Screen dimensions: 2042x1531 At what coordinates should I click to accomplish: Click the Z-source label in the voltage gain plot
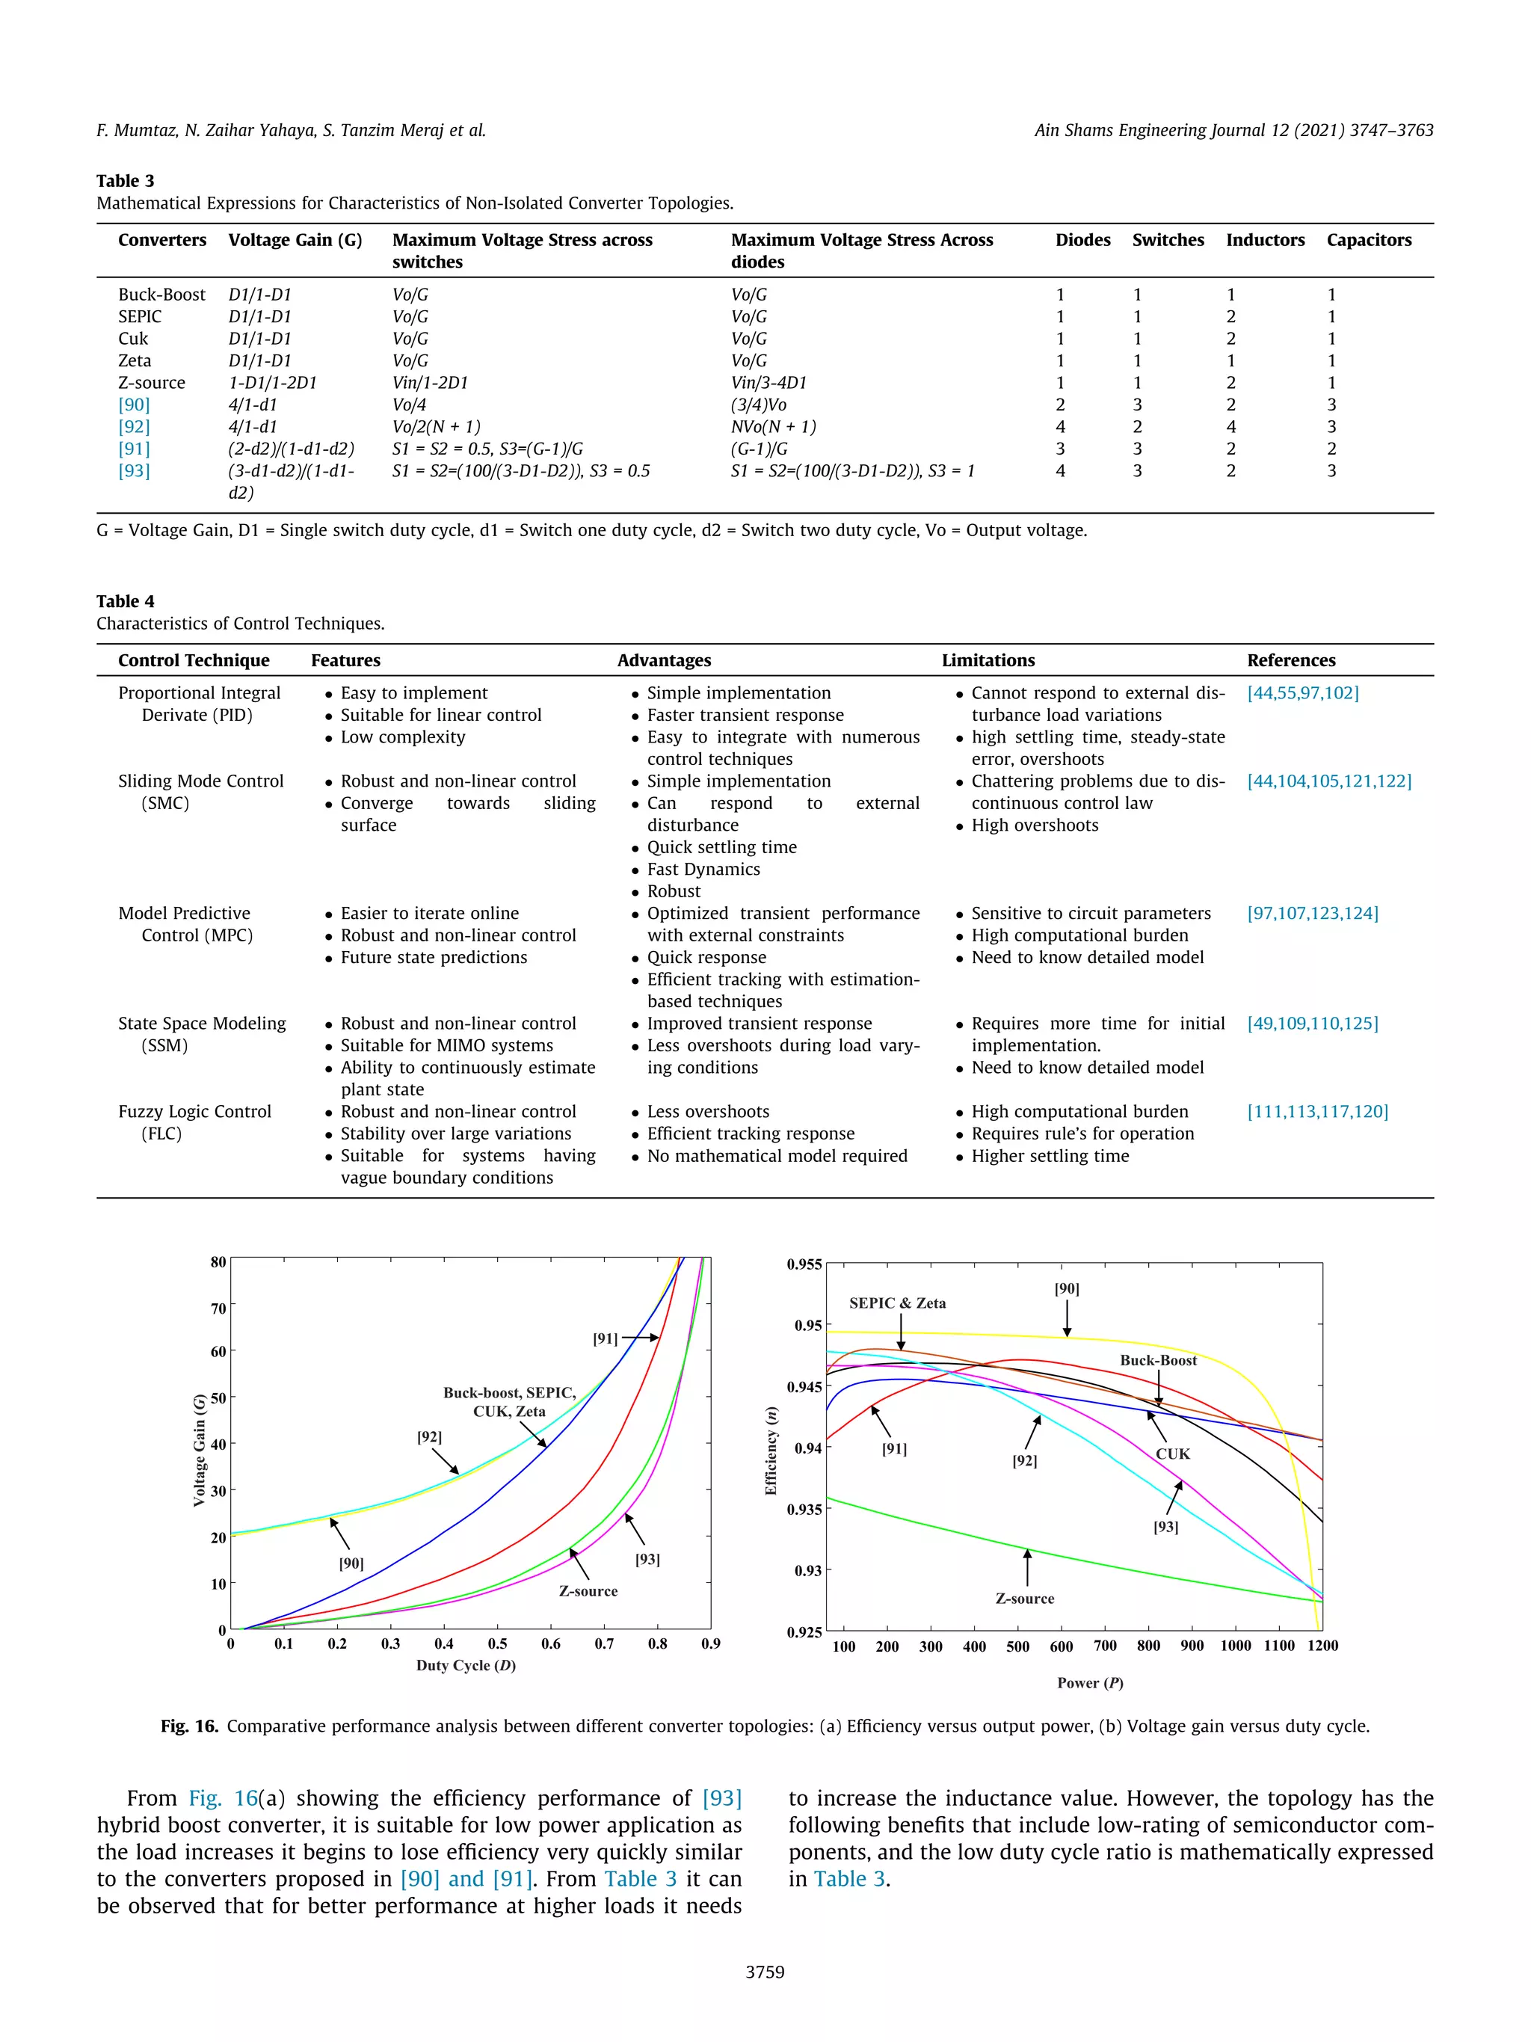tap(588, 1590)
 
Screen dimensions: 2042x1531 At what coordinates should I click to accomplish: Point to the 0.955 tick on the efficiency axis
tap(804, 1264)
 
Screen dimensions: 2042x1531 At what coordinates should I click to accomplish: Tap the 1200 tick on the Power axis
tap(1322, 1645)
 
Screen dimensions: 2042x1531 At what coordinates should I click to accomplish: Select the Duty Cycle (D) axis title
tap(465, 1664)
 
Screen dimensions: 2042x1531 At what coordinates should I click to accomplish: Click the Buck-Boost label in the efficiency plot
tap(1157, 1360)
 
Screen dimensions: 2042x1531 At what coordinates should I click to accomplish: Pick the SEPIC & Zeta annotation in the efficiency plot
tap(897, 1303)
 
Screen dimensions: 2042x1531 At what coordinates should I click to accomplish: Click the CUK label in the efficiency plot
tap(1172, 1453)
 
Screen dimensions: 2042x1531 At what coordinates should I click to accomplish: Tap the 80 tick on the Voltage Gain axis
tap(218, 1262)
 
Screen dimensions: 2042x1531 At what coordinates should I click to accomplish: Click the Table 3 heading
tap(126, 180)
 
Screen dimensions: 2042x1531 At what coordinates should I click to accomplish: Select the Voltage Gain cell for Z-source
tap(272, 382)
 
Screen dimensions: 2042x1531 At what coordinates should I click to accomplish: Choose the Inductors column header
tap(1264, 240)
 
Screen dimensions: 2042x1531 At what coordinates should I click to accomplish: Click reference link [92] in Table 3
tap(134, 426)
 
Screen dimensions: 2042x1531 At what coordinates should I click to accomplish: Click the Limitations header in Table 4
tap(988, 660)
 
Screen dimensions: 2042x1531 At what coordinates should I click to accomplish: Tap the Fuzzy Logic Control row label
tap(194, 1111)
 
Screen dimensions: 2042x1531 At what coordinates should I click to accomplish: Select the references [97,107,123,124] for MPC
tap(1312, 913)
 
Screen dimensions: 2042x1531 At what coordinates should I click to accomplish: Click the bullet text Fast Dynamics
tap(703, 869)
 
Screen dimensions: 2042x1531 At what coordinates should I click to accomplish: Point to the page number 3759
tap(765, 1971)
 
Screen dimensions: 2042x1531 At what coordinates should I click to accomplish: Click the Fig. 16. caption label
tap(189, 1726)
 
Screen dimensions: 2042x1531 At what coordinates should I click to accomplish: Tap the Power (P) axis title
tap(1090, 1682)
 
